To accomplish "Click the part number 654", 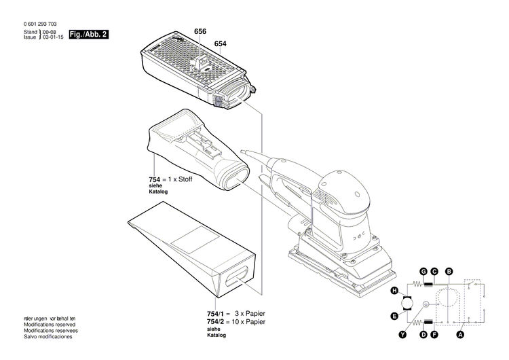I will [220, 44].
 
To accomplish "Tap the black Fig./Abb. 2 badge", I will [89, 35].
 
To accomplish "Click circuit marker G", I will [423, 272].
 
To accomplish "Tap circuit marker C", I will [434, 272].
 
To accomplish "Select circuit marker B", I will [449, 272].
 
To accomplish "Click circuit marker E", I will [394, 316].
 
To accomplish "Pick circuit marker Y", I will [403, 335].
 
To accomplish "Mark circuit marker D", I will [423, 335].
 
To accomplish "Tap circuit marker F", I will [434, 335].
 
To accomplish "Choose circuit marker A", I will [461, 335].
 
